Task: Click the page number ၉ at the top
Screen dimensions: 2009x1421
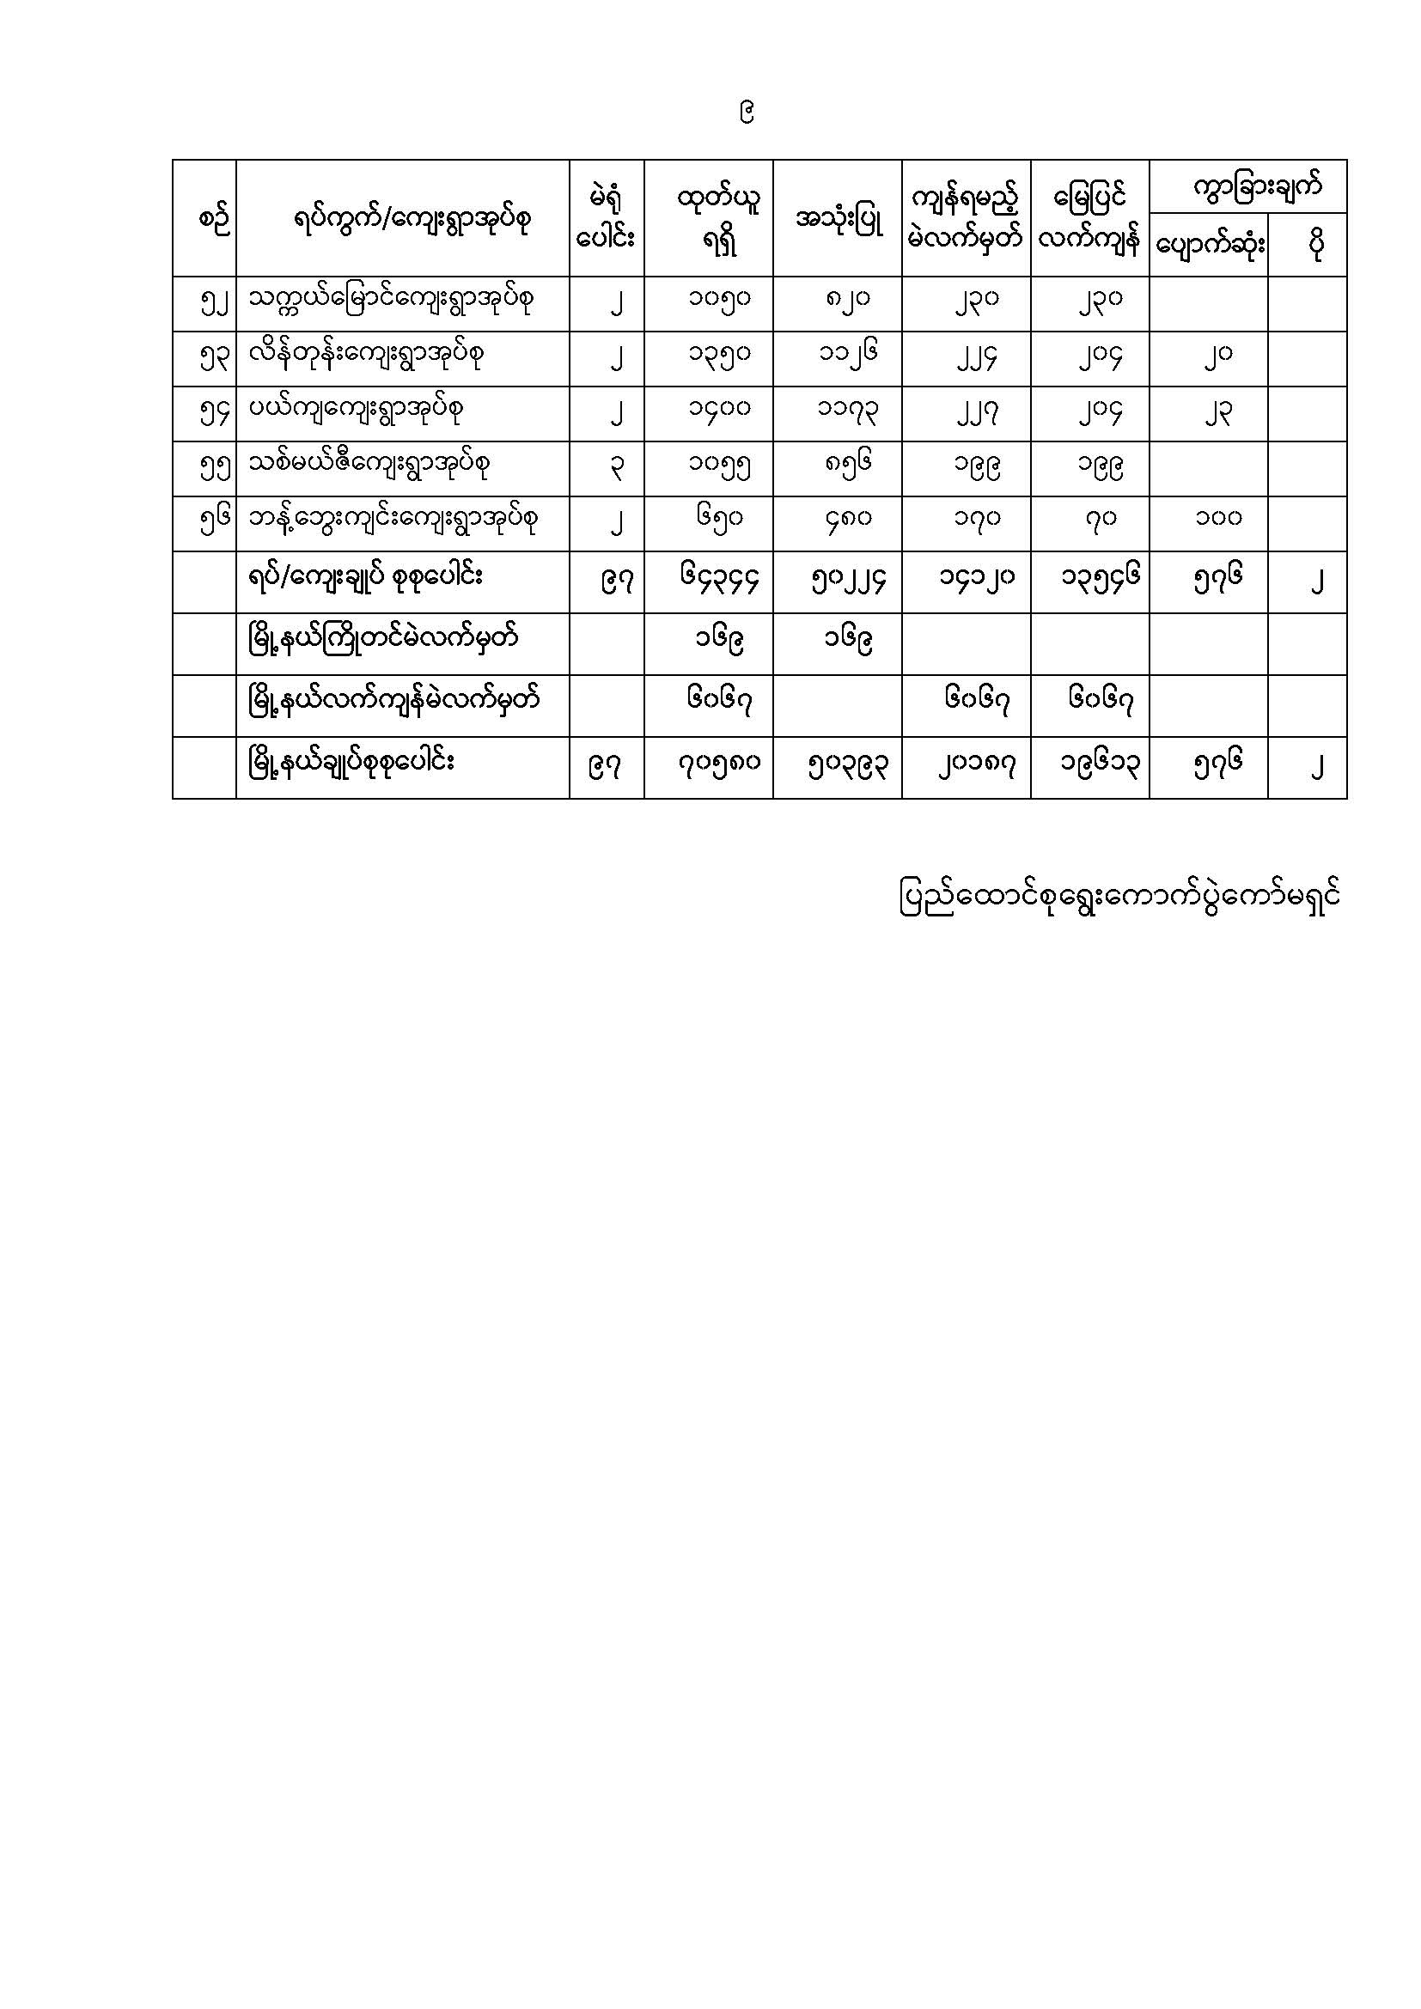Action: (747, 112)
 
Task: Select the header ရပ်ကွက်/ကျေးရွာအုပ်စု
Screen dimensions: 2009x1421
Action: (412, 220)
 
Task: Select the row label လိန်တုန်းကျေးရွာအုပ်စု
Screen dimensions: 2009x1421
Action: (366, 355)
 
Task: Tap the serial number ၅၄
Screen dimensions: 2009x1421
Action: (214, 412)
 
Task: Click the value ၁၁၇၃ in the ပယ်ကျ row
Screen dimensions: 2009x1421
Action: (846, 410)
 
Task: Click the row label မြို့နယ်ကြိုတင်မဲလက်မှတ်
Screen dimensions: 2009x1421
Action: (383, 640)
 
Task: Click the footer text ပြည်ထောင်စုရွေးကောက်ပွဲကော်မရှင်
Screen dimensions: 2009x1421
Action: (1119, 898)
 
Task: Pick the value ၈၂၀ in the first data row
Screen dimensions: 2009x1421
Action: (846, 300)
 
